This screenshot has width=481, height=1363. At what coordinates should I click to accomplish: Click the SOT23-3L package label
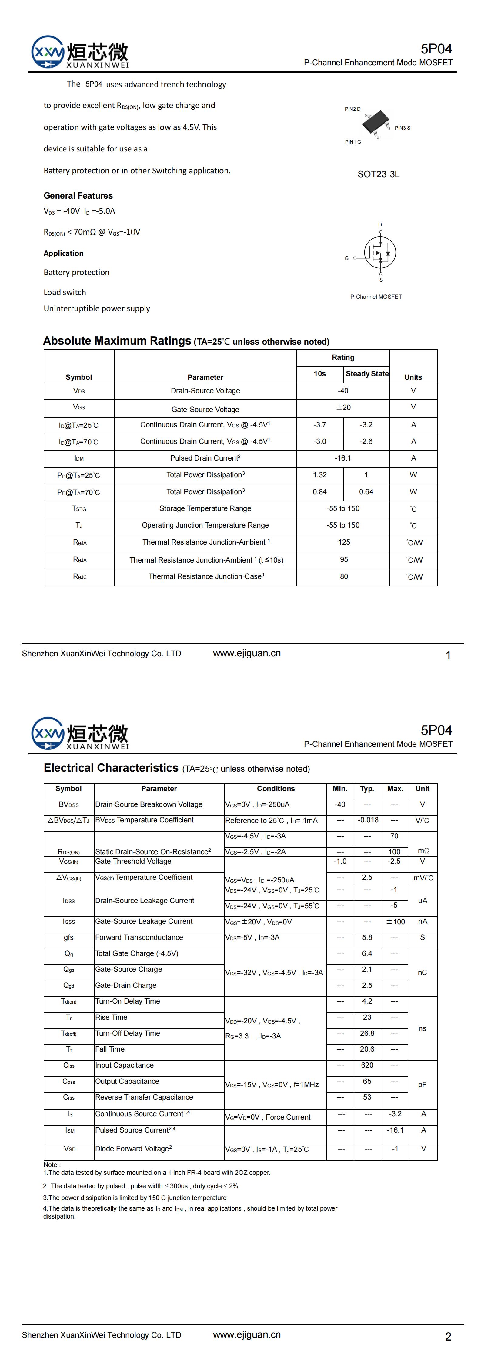[379, 174]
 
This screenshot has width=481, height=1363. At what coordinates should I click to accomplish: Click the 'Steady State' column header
[367, 374]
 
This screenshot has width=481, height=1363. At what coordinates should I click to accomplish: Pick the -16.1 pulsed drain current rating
[343, 458]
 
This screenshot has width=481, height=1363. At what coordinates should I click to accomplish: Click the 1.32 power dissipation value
[320, 475]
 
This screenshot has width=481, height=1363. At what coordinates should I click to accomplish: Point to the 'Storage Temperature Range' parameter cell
[205, 508]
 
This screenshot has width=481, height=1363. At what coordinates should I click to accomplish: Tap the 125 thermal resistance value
[344, 542]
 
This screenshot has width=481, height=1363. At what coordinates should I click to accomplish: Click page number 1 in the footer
[448, 656]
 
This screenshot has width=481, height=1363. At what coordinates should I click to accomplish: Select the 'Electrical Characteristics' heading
[111, 768]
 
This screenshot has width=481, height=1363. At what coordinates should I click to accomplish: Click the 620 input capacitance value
[367, 1066]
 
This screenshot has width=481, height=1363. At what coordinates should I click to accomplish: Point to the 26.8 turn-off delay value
[367, 1033]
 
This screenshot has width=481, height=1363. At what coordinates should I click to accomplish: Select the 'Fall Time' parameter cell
[110, 1049]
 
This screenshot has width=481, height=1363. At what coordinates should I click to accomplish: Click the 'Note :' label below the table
[52, 1164]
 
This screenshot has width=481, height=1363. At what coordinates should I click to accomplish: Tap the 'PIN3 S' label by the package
[402, 128]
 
